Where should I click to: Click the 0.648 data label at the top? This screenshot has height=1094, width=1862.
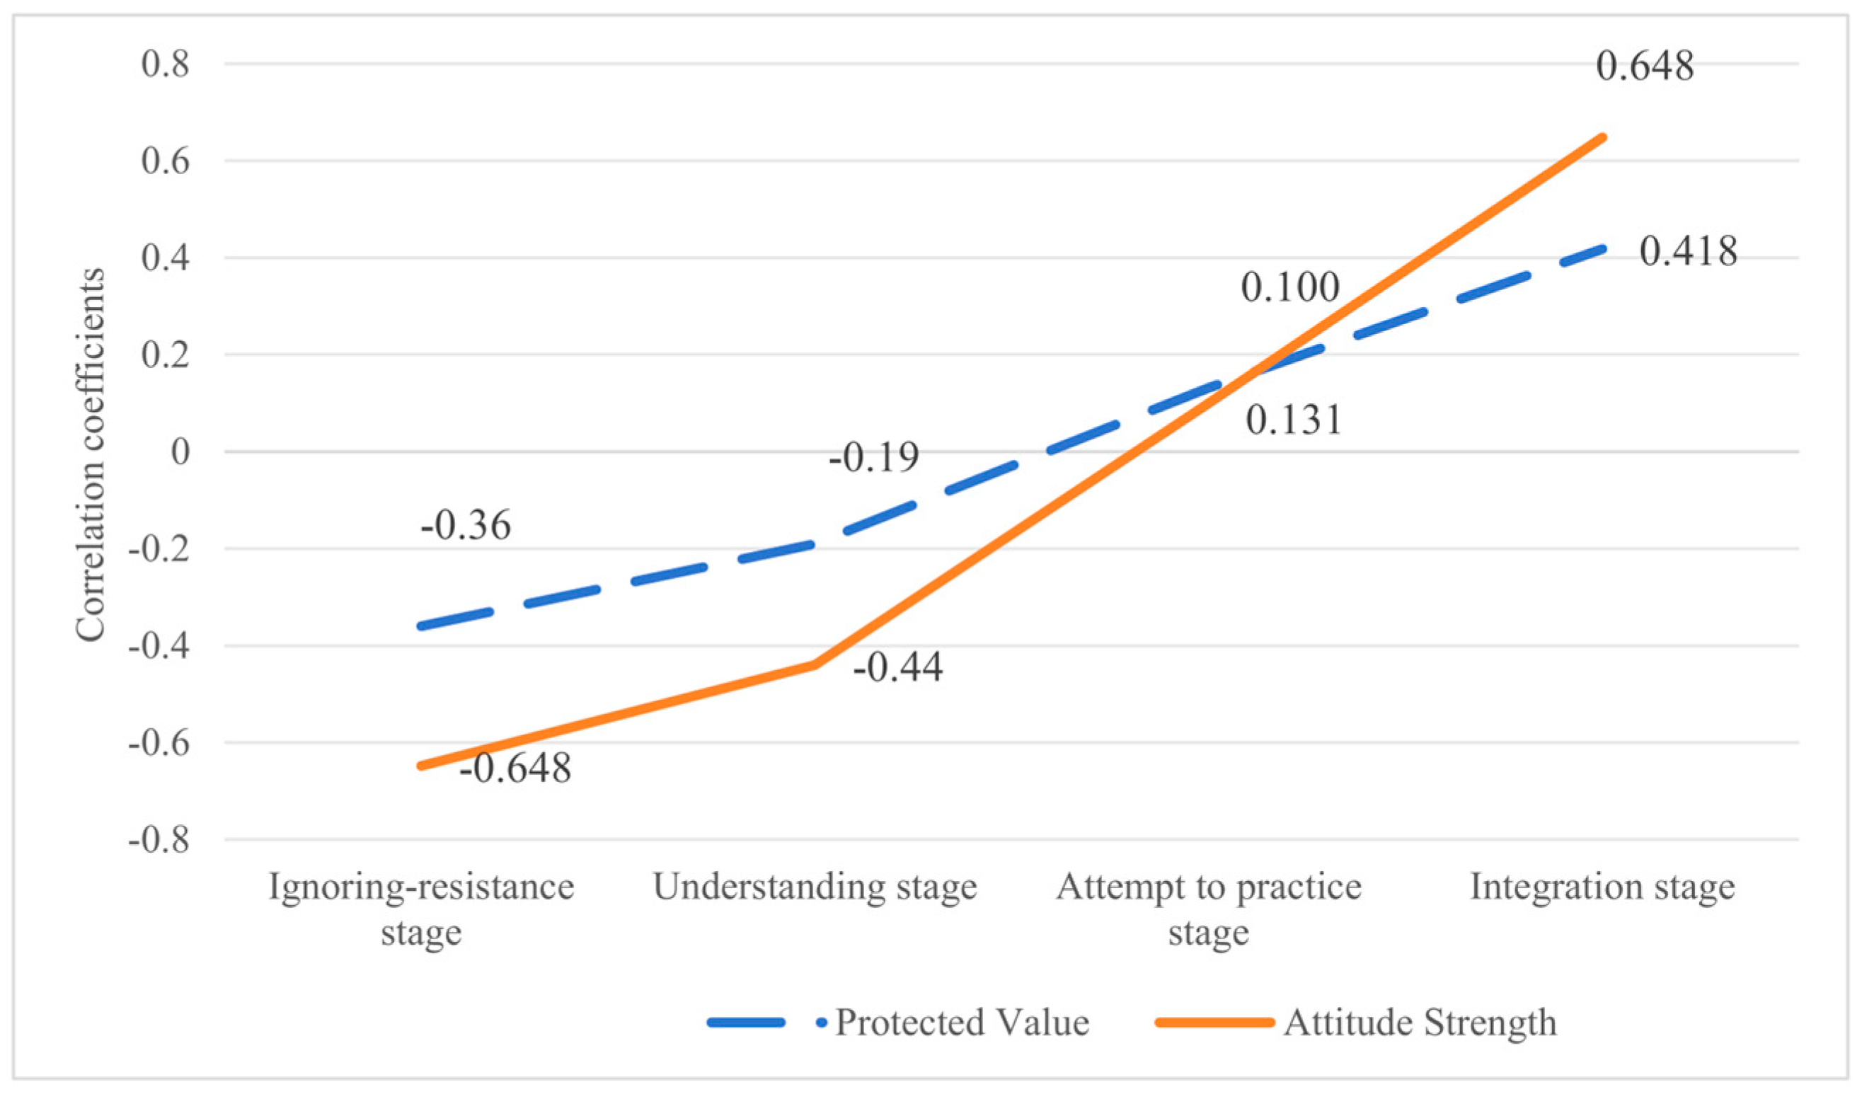click(1644, 67)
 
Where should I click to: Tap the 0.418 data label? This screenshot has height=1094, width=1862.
click(1688, 252)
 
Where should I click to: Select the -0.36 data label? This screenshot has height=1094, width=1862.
click(466, 526)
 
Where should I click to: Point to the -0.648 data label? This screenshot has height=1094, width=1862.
click(515, 768)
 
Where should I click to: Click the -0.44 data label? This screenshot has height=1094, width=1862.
click(898, 668)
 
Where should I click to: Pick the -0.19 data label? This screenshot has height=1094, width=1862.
click(874, 458)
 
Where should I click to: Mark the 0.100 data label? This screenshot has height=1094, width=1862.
click(1289, 287)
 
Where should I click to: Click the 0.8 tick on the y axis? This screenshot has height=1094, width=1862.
click(166, 64)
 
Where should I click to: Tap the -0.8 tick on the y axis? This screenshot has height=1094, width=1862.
click(159, 840)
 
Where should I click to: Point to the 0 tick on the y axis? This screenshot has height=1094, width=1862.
click(180, 452)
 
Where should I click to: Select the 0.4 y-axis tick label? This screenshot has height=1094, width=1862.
click(166, 258)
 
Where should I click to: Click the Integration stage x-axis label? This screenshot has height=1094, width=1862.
click(1602, 887)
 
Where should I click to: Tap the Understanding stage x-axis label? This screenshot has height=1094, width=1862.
click(815, 887)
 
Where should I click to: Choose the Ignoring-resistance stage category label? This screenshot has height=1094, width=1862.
click(421, 909)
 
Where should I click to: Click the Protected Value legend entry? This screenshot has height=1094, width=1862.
click(961, 1024)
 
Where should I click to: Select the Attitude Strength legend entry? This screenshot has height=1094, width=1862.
click(1420, 1024)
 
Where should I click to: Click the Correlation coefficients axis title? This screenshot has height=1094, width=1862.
click(91, 454)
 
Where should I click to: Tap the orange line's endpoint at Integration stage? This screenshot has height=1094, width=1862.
click(1602, 137)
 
